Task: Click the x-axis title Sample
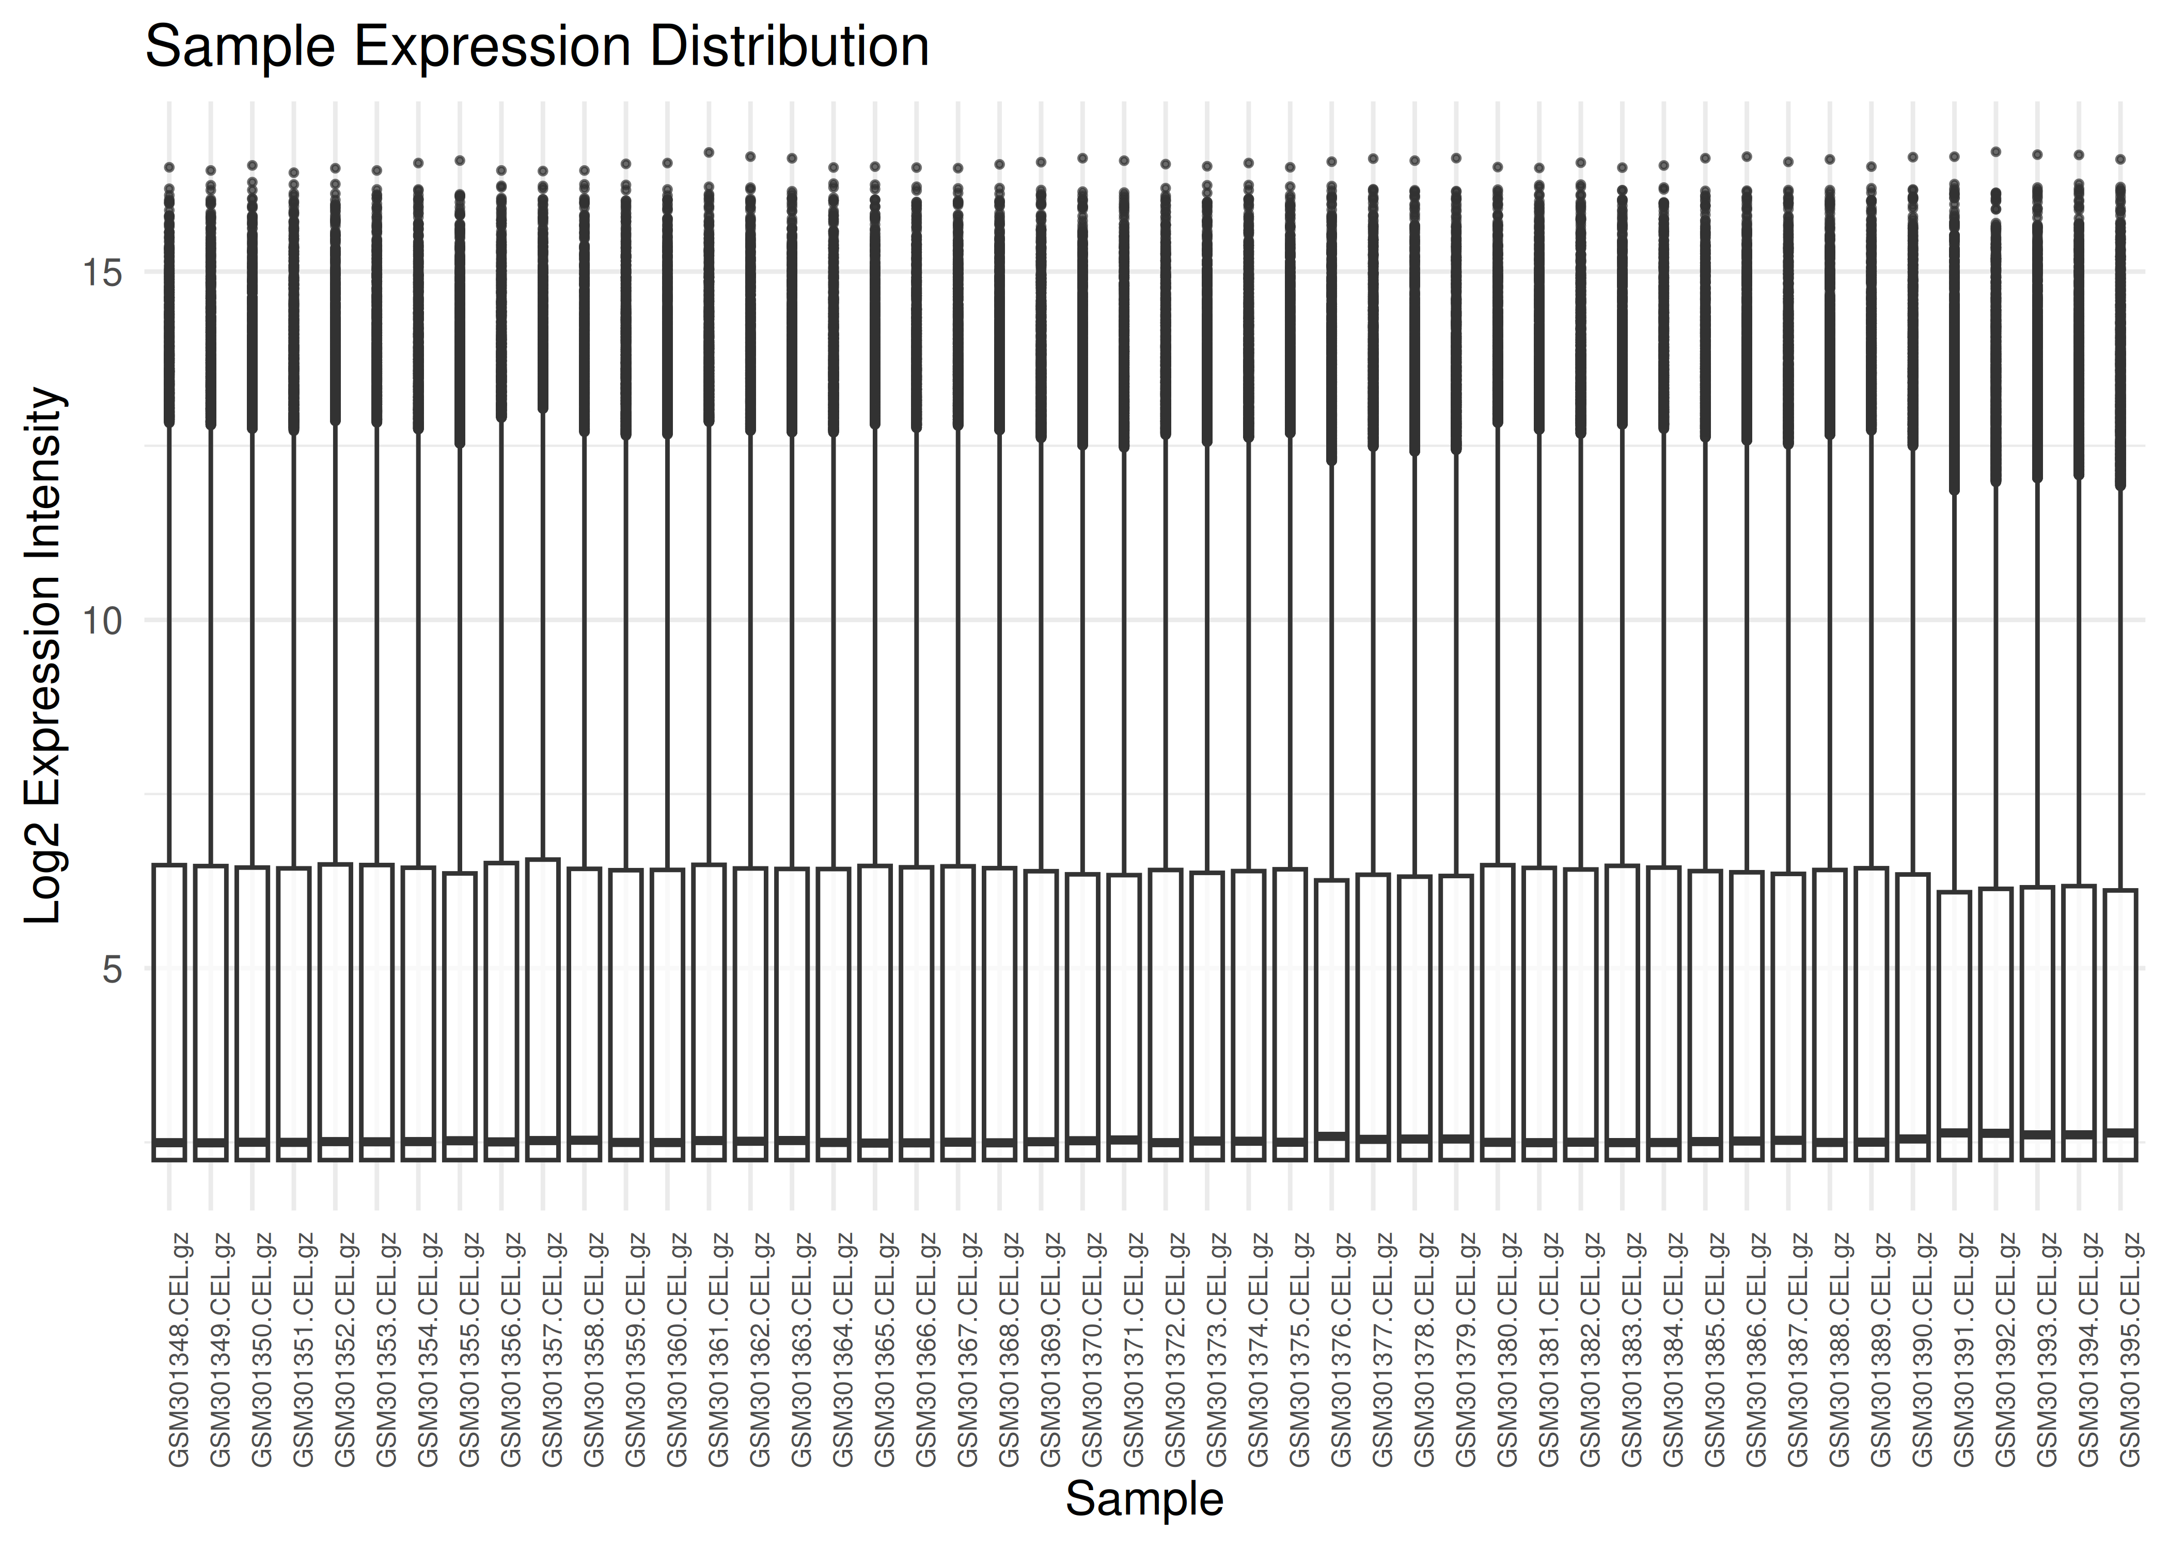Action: tap(1144, 1498)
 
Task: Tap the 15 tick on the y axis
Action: tap(103, 273)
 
